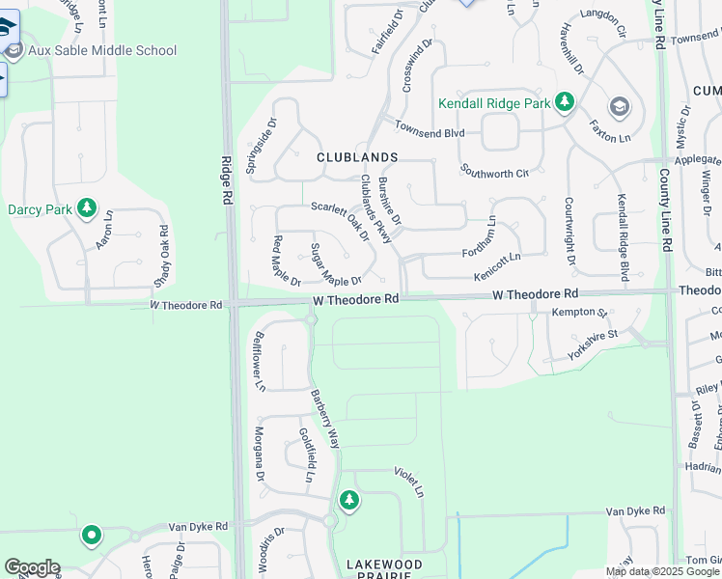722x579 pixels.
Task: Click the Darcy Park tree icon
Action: point(87,207)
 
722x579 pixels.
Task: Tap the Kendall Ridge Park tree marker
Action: point(565,102)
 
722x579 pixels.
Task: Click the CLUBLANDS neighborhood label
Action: point(357,157)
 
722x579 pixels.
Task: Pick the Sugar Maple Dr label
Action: point(335,265)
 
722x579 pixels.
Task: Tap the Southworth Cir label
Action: point(494,174)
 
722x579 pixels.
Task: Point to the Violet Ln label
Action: point(408,482)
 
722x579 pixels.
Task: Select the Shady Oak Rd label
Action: point(163,257)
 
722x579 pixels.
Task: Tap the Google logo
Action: point(32,567)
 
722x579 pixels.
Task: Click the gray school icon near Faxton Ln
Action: point(619,106)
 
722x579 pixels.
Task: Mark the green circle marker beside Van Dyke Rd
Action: point(92,535)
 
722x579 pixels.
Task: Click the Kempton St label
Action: point(578,313)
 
